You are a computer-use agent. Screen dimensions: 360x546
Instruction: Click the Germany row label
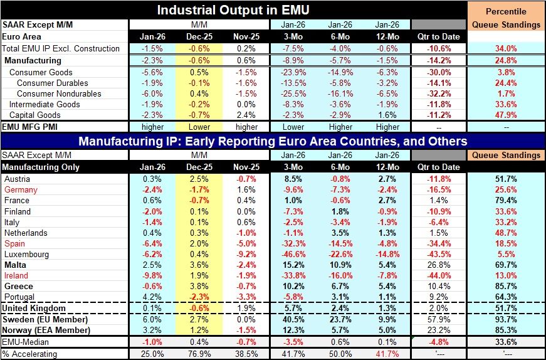21,189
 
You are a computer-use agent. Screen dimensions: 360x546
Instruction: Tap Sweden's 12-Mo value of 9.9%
387,319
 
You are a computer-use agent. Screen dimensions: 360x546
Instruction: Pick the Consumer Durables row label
48,83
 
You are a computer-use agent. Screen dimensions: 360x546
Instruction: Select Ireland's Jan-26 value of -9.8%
152,275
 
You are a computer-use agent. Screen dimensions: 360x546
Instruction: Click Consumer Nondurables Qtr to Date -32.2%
438,93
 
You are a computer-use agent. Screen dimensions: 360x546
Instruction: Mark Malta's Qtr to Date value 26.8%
438,265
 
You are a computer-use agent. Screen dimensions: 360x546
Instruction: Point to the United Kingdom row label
34,308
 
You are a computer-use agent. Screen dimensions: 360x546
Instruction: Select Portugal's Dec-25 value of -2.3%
200,297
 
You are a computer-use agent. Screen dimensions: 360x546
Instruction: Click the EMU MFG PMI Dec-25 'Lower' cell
200,126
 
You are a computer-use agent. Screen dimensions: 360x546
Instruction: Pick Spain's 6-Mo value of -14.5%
340,243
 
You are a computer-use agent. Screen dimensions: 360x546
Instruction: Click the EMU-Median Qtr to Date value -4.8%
438,342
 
